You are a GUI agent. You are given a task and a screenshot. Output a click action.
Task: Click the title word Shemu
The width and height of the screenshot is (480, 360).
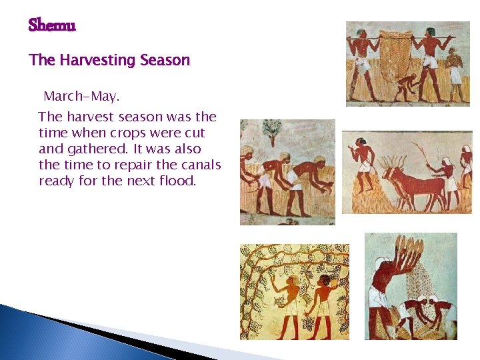[x=52, y=26]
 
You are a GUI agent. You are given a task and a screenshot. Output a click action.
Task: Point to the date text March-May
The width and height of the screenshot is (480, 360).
[x=81, y=97]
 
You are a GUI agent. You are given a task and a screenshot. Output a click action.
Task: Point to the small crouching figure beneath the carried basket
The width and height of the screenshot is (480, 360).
[x=406, y=87]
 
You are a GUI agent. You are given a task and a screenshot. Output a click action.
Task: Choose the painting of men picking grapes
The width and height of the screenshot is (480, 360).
[x=294, y=291]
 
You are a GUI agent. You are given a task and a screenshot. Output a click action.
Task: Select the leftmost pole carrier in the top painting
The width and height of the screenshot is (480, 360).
[x=361, y=63]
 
